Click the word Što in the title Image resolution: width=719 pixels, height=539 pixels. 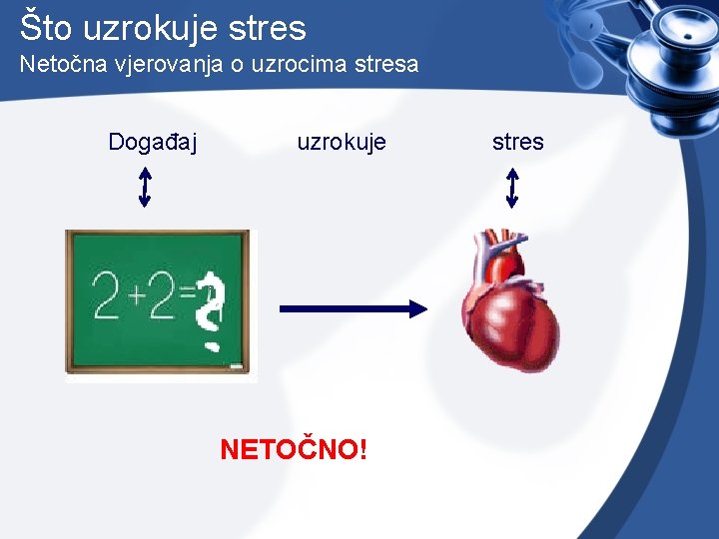tap(47, 27)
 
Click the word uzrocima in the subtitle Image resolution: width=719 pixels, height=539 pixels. tap(290, 66)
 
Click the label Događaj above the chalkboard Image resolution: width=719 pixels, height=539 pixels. tap(152, 142)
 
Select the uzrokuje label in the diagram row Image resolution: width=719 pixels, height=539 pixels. tap(341, 142)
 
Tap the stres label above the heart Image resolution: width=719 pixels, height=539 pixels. tap(517, 142)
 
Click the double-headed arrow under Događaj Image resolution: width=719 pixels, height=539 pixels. tap(145, 187)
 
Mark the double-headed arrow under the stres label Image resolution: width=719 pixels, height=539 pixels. tap(512, 187)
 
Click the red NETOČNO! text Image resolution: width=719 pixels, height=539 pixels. tap(294, 449)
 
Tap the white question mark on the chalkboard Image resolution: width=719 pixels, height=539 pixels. tap(210, 309)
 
